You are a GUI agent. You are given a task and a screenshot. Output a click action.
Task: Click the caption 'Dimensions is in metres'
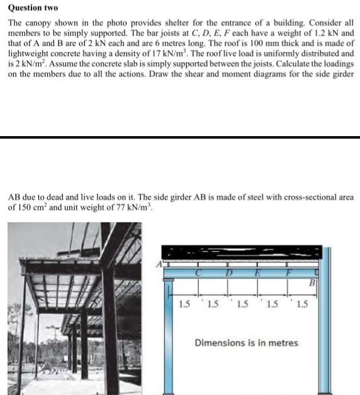pos(247,343)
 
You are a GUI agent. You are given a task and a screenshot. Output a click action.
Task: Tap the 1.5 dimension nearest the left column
pos(184,305)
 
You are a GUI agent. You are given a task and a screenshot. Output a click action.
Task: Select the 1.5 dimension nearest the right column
pos(303,305)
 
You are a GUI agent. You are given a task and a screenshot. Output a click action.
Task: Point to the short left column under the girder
pos(169,340)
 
